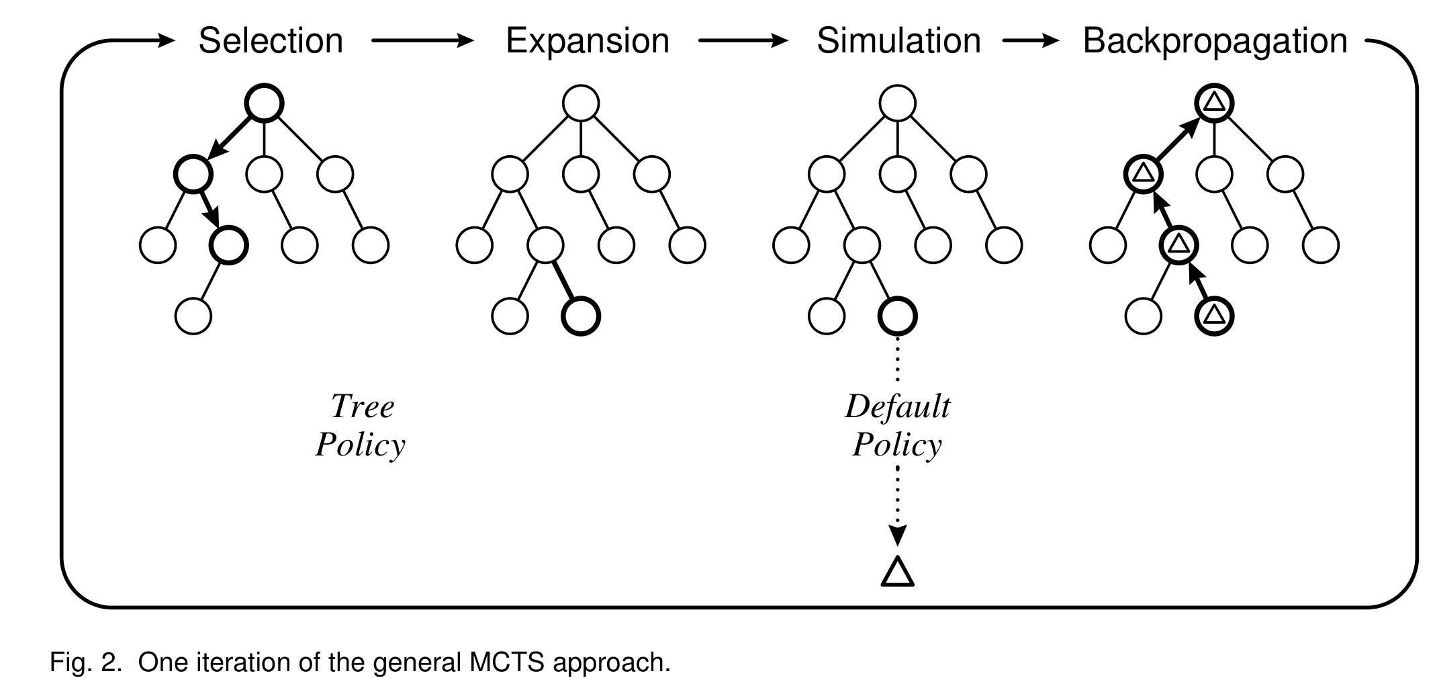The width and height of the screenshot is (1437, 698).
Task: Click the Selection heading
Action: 271,41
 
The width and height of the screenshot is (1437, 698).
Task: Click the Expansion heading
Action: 588,41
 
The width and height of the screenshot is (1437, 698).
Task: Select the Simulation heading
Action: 898,41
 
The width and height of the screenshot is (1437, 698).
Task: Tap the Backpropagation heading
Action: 1215,41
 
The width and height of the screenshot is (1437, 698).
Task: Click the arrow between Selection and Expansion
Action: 423,41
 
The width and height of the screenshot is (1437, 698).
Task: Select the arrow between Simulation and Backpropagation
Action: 1031,41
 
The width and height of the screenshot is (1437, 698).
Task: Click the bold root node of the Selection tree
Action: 264,103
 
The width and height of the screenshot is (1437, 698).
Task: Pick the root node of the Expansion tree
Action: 581,103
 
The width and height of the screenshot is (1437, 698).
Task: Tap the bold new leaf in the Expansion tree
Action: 581,316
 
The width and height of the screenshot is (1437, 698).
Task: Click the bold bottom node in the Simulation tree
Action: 898,316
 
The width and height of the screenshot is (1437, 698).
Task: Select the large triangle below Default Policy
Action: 898,572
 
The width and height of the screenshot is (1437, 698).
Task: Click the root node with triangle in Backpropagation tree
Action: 1214,103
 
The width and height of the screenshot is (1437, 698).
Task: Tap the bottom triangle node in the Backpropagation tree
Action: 1214,316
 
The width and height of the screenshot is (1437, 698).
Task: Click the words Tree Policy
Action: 361,425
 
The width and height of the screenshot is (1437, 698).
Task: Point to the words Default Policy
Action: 898,425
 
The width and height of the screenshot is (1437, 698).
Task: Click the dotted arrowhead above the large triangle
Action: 898,535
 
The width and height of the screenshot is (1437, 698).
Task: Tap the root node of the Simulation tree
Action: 898,103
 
